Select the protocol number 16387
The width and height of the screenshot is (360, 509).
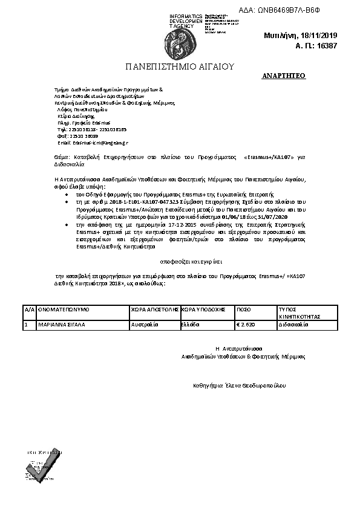point(326,45)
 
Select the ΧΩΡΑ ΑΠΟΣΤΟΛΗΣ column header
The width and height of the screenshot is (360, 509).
point(154,309)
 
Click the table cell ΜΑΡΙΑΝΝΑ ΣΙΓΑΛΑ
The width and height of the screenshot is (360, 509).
point(62,324)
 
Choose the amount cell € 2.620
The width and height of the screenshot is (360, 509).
point(245,324)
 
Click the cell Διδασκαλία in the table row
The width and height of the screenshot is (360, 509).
point(293,324)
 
